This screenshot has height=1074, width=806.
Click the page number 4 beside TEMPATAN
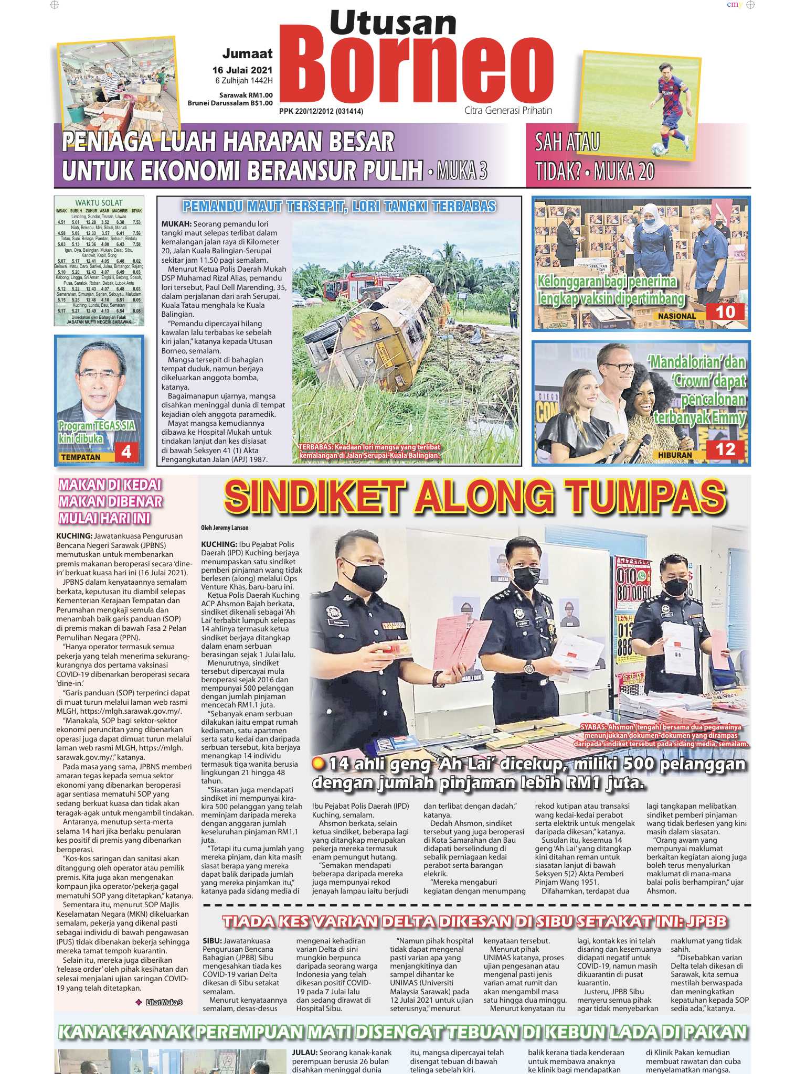pos(126,452)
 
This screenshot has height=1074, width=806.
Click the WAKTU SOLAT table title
pos(99,202)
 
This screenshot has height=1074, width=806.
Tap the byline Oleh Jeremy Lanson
pos(225,528)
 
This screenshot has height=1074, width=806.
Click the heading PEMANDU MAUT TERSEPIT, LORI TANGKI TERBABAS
pos(339,206)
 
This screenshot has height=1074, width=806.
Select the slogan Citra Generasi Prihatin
pos(507,111)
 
